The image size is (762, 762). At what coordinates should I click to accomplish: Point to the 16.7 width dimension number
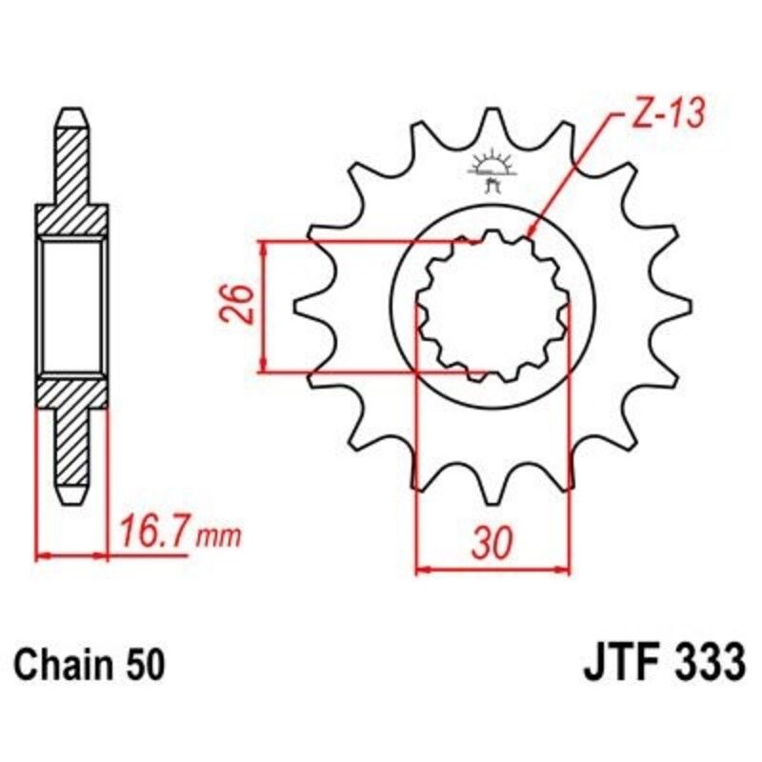[x=154, y=531]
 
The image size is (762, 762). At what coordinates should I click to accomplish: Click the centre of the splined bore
[x=492, y=306]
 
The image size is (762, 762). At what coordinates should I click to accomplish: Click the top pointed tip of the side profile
[x=72, y=112]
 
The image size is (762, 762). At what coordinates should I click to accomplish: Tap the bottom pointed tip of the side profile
[x=72, y=499]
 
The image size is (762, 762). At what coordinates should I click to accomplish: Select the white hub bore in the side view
[x=72, y=306]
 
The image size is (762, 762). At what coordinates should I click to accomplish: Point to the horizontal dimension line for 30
[x=492, y=571]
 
